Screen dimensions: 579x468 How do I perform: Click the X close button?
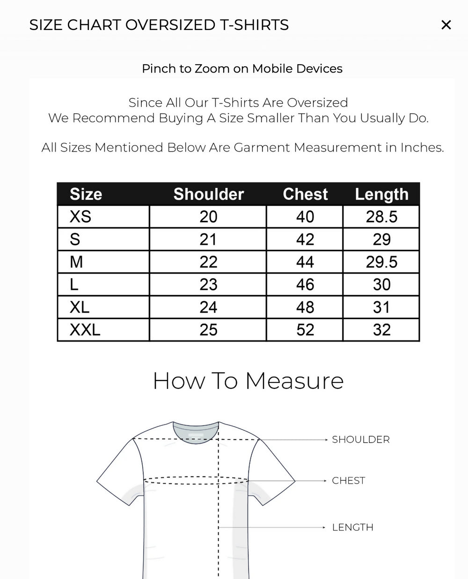pos(446,25)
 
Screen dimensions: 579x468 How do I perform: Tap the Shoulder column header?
pos(209,194)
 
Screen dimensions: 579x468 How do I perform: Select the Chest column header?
pos(305,194)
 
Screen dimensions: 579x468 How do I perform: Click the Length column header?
pos(381,194)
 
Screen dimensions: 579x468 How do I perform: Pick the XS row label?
pos(80,217)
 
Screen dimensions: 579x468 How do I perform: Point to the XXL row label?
pos(85,330)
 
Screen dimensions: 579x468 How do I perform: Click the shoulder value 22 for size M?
pos(208,262)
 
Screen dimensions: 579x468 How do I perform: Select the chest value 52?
pos(305,330)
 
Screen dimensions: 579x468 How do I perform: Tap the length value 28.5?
pos(381,217)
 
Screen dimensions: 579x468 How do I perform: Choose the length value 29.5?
pos(381,262)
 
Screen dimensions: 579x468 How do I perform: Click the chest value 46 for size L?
pos(305,285)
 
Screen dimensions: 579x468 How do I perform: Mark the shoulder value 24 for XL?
pos(208,308)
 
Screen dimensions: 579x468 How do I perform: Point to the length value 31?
pos(381,308)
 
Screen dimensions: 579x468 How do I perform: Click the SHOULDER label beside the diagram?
pos(360,440)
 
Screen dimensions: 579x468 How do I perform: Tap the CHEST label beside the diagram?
pos(348,481)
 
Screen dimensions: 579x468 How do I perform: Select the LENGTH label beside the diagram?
pos(352,528)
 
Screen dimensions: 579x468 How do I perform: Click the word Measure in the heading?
pos(294,381)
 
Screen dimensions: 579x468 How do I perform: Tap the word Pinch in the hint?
pos(159,69)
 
